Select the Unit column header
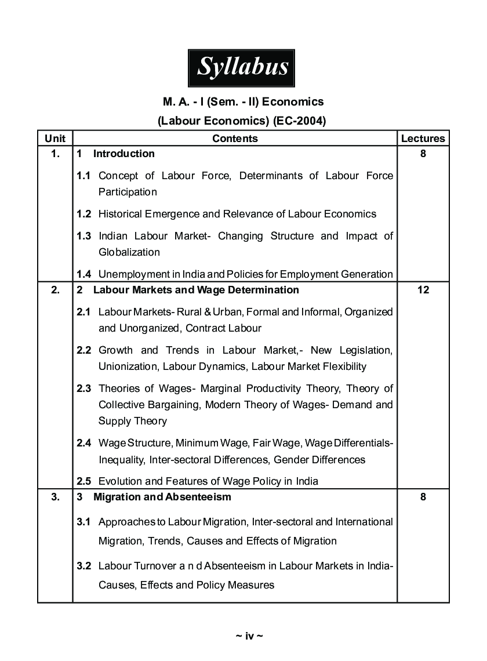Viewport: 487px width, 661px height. pos(55,138)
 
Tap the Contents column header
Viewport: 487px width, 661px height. pos(235,138)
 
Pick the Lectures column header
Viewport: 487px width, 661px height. pos(423,138)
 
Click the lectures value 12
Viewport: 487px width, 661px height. pos(423,290)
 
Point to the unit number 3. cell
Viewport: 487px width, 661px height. pos(55,497)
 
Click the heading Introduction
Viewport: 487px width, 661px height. pos(123,154)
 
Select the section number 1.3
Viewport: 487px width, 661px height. pos(84,236)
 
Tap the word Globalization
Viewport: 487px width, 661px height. pos(129,252)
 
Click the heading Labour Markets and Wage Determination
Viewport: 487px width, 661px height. pos(196,290)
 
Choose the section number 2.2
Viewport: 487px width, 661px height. pos(84,350)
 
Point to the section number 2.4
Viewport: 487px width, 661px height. pos(84,443)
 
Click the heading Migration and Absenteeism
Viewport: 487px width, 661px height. pos(162,497)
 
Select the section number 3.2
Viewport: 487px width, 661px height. pos(84,566)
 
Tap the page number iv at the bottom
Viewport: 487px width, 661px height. pos(249,636)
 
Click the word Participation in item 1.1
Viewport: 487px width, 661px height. pos(127,192)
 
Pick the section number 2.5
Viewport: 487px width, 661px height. pos(84,481)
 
